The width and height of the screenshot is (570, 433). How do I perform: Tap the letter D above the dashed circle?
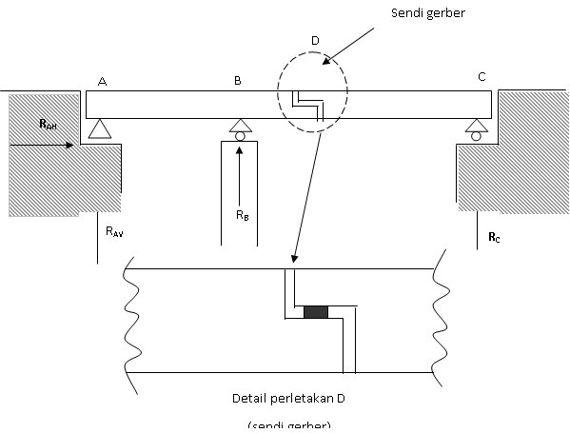(x=316, y=41)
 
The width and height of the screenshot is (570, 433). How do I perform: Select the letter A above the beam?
(x=102, y=81)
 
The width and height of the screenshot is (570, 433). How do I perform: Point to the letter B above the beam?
(x=238, y=81)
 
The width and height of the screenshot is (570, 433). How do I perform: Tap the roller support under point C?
(x=474, y=128)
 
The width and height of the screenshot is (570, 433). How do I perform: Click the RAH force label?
(x=47, y=125)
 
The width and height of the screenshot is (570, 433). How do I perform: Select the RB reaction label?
(x=243, y=216)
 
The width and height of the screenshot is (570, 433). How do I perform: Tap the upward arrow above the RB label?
(x=239, y=176)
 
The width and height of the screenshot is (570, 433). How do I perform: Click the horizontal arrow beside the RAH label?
(x=43, y=146)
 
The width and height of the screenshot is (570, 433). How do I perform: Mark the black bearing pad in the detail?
(x=315, y=312)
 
